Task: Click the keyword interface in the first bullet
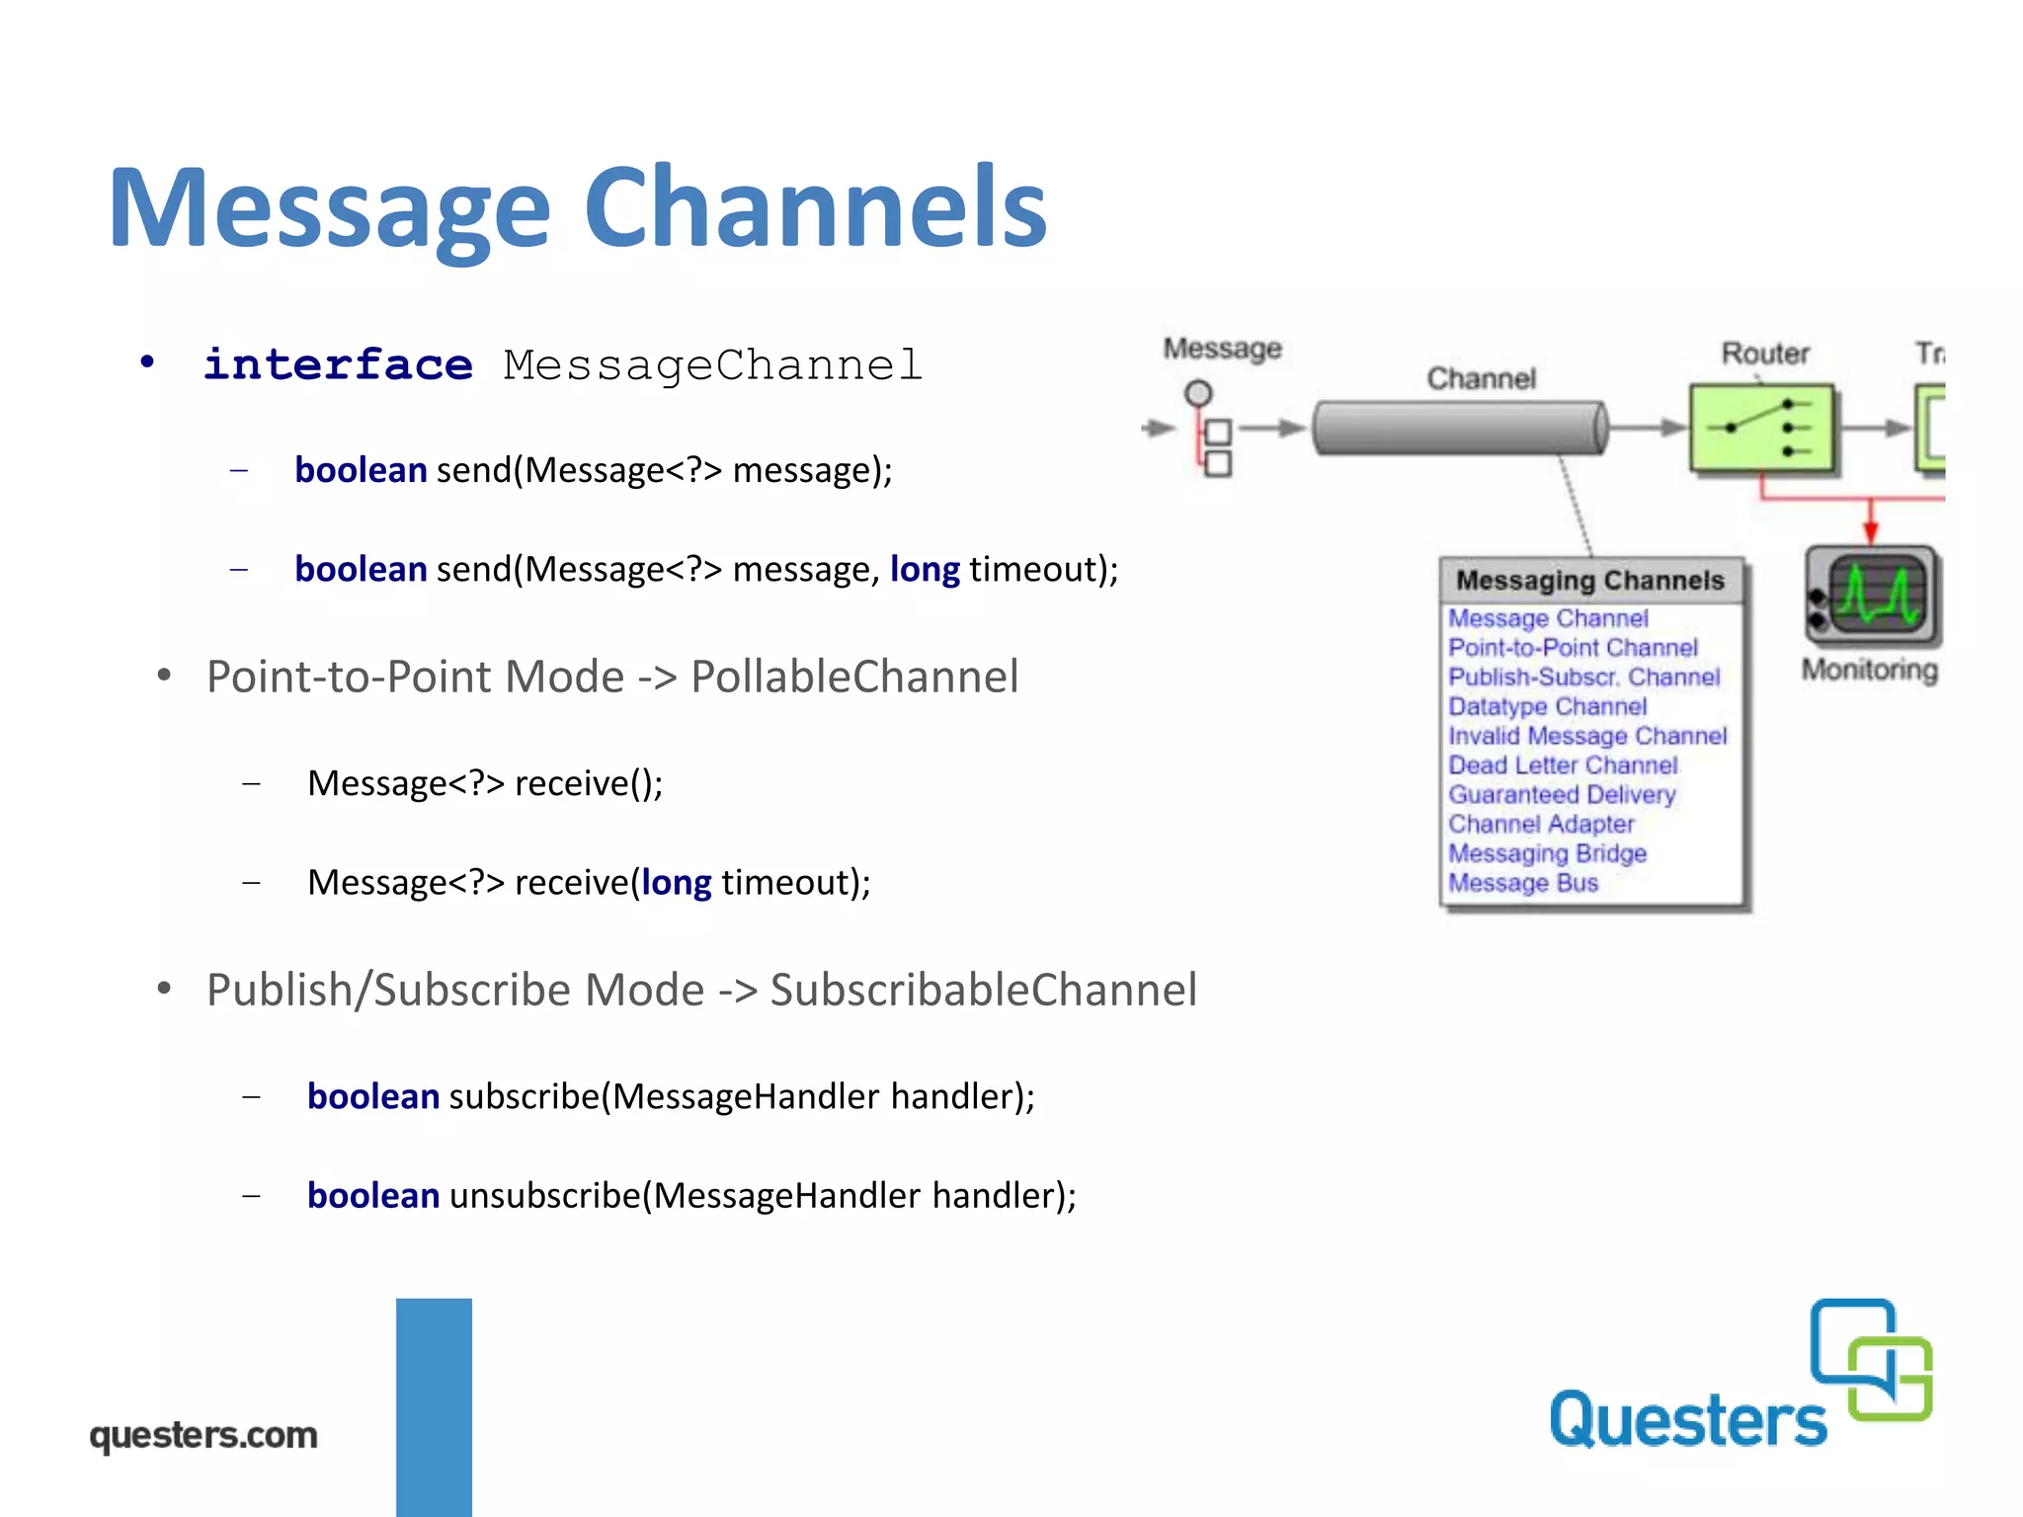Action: point(338,364)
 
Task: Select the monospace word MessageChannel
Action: point(712,364)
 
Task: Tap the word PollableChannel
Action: point(854,677)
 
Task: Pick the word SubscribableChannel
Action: point(983,990)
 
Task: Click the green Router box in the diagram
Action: point(1761,428)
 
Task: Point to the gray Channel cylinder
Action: point(1460,428)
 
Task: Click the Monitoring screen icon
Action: point(1872,596)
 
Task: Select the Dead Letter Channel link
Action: point(1563,765)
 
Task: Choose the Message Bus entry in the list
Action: point(1522,883)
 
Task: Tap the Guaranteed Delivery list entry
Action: point(1562,795)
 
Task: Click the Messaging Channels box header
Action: point(1589,580)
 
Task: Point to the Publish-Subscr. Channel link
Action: point(1583,678)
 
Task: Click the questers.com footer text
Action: point(203,1435)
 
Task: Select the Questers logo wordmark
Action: point(1687,1420)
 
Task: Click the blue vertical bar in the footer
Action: point(434,1406)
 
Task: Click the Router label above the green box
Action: point(1765,354)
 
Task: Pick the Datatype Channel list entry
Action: point(1547,707)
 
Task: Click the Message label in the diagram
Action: point(1222,349)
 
